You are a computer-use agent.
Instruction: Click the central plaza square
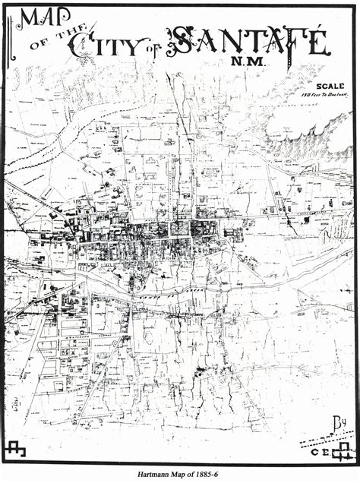(x=180, y=227)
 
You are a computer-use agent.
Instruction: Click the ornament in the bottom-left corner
(x=15, y=450)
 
